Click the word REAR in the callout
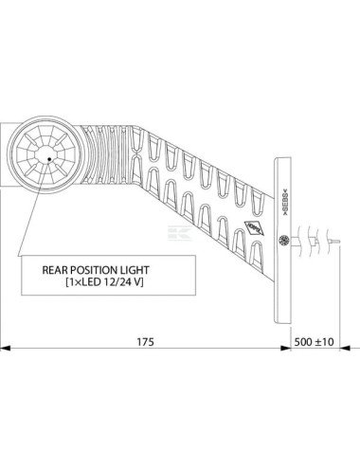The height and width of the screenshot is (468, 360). click(58, 269)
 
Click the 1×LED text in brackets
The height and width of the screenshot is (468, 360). click(88, 282)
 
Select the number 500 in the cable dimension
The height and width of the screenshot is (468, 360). click(305, 340)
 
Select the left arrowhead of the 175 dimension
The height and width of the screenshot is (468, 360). click(5, 348)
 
